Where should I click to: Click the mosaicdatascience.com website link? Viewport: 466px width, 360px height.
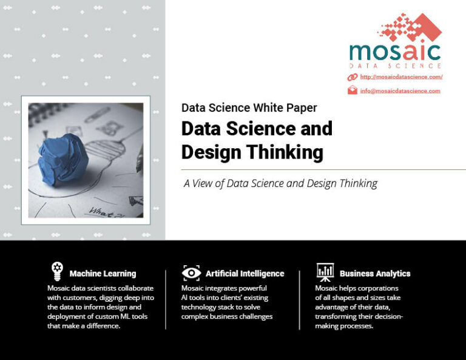[401, 77]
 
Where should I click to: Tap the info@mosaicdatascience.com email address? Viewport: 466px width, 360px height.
[400, 91]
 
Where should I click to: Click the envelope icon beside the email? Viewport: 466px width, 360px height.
[352, 90]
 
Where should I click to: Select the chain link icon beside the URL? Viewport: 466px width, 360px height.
[352, 77]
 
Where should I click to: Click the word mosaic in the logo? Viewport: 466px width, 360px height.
[394, 51]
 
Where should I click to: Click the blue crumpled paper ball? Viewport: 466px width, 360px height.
[61, 155]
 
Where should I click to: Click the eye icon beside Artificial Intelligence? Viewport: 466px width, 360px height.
[191, 273]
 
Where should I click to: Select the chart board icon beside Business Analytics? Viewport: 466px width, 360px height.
[325, 271]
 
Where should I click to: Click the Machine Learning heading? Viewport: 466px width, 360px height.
[103, 274]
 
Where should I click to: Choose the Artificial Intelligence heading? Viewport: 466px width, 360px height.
[245, 274]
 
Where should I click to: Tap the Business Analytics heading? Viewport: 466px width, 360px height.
[375, 274]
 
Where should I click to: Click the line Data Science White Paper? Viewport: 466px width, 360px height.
[249, 108]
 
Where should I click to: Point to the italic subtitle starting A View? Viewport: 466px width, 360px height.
[280, 183]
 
